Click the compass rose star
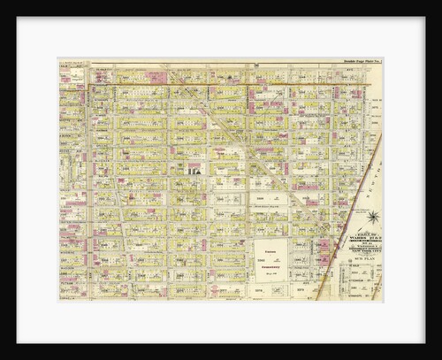click(x=373, y=216)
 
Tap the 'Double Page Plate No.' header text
click(x=360, y=61)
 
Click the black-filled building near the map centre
click(x=194, y=167)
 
